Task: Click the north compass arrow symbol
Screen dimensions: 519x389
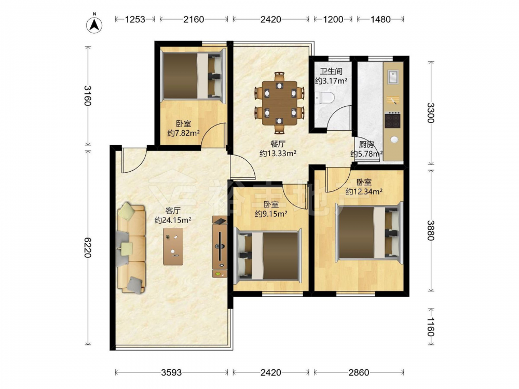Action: tap(94, 24)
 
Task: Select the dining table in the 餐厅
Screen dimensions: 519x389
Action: tap(280, 103)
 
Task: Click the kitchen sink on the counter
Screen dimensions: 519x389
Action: tap(393, 78)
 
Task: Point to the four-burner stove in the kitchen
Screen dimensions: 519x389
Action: tap(392, 120)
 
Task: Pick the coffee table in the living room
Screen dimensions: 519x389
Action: tap(173, 246)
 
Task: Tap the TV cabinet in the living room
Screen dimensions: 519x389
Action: tap(220, 247)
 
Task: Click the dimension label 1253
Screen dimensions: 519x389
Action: tap(135, 20)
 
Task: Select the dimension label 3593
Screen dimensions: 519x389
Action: tap(171, 373)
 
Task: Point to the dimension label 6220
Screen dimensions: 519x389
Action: tap(87, 247)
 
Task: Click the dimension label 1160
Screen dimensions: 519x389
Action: tap(430, 327)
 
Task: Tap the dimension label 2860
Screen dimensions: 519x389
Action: tap(359, 373)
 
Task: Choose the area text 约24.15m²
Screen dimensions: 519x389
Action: tap(173, 220)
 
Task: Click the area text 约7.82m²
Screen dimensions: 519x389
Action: tap(183, 133)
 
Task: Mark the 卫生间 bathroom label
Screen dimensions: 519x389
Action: tap(331, 72)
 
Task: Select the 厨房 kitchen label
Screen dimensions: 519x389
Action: tap(366, 145)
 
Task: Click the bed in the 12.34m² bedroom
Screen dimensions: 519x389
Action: tap(370, 232)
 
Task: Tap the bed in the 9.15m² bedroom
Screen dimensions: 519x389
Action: tap(267, 256)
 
